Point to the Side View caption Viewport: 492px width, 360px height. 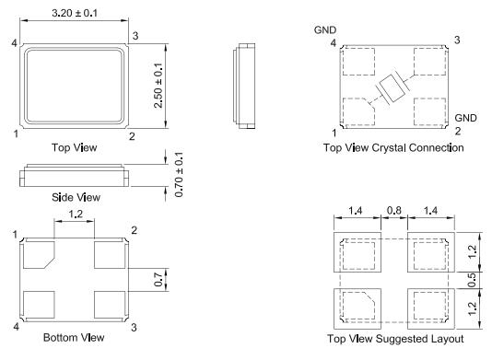click(x=76, y=197)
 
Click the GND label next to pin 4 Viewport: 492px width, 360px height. click(x=325, y=29)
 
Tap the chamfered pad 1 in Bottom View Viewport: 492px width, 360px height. click(x=38, y=254)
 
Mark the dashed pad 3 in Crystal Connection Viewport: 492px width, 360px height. click(x=431, y=62)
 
